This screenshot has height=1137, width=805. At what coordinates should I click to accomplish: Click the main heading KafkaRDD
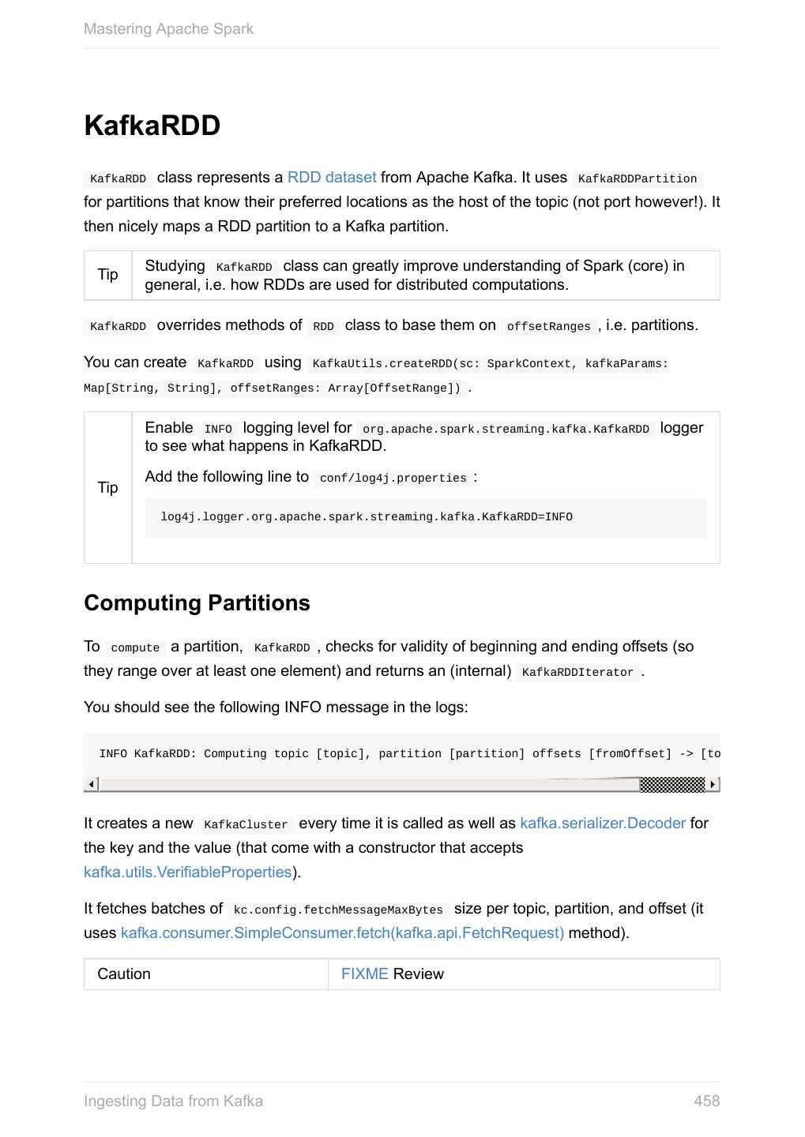coord(152,126)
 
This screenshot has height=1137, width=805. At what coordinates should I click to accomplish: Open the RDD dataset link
coord(331,178)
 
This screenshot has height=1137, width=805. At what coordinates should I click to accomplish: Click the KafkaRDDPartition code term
coord(638,179)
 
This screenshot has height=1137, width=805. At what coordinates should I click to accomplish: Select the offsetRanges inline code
coord(548,327)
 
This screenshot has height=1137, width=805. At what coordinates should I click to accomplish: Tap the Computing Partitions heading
coord(197,603)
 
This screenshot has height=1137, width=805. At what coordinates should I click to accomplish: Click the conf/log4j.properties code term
coord(393,478)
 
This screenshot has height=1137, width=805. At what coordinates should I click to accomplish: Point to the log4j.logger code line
coord(366,517)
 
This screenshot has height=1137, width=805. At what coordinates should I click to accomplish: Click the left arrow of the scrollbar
coord(92,785)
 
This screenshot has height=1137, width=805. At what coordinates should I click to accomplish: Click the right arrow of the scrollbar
coord(713,785)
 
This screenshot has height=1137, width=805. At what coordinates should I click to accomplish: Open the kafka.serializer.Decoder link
coord(603,824)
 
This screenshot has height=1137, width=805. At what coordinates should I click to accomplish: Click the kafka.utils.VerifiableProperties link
coord(187,872)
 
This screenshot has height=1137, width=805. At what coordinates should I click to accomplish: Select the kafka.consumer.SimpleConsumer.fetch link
coord(342,933)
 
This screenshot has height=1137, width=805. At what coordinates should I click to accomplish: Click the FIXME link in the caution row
coord(364,974)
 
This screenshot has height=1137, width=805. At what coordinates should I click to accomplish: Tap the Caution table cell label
coord(124,974)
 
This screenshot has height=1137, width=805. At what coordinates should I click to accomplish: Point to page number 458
coord(706,1101)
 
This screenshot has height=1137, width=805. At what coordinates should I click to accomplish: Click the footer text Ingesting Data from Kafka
coord(173,1101)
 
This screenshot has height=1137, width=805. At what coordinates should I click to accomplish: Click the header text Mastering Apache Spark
coord(168,29)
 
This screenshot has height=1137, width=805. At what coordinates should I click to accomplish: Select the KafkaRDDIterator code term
coord(577,673)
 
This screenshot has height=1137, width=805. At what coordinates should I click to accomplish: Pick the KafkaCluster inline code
coord(246,825)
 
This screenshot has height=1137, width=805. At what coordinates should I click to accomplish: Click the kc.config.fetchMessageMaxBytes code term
coord(338,910)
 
